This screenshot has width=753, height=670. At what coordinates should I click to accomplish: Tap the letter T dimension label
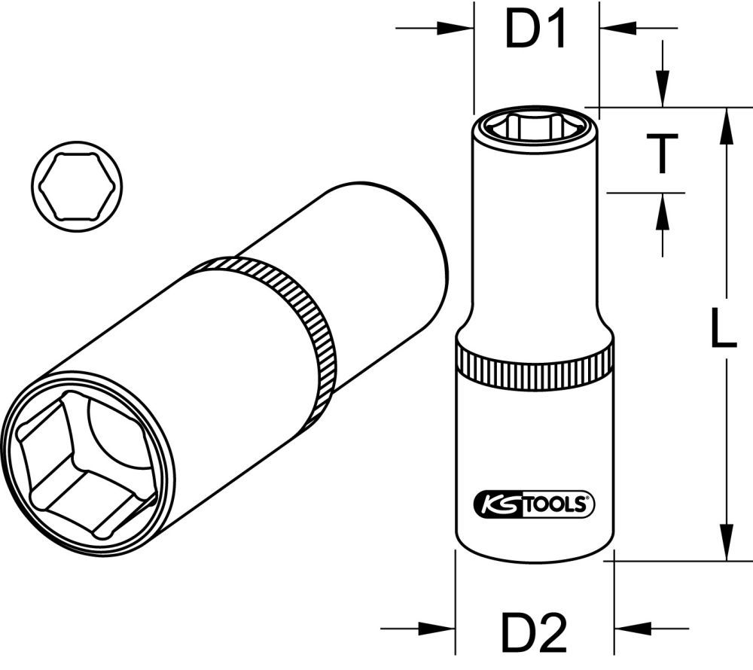[663, 153]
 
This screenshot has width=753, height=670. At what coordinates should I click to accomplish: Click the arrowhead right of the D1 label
[611, 29]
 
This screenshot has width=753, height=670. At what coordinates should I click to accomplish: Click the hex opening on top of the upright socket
[535, 126]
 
